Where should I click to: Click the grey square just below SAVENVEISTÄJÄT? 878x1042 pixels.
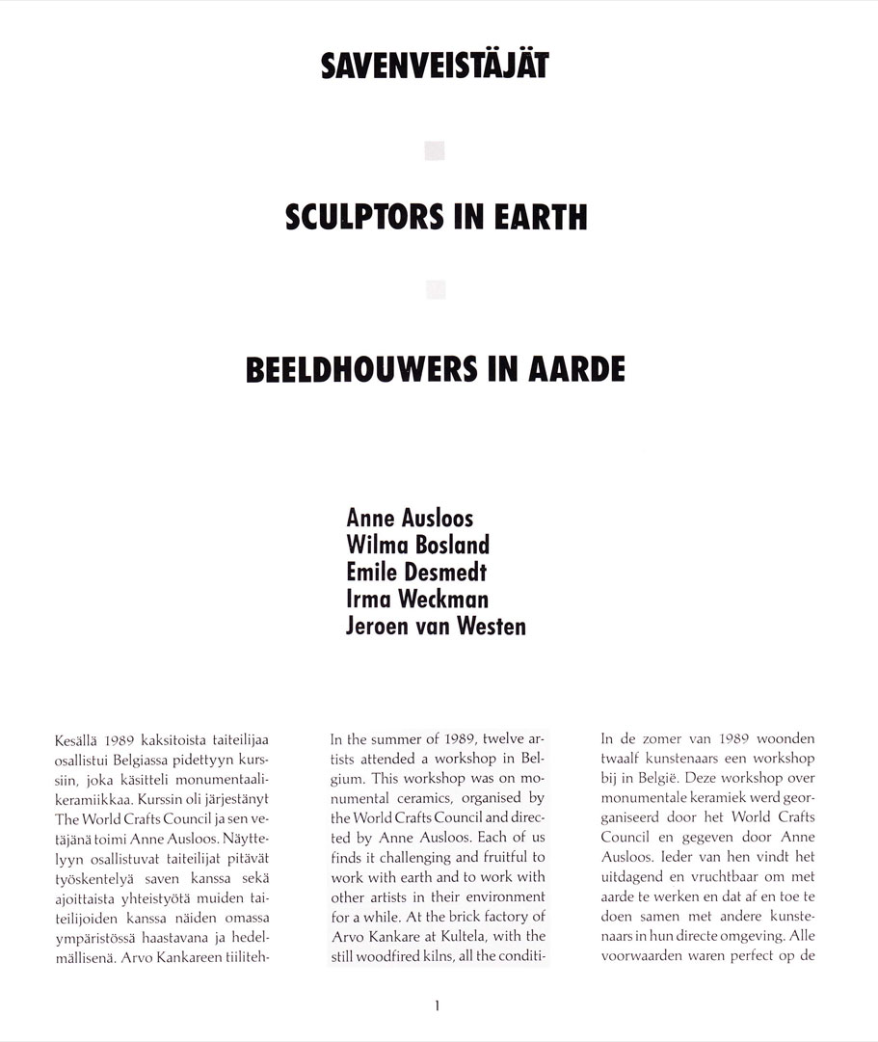[436, 150]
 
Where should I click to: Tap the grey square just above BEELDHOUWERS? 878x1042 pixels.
[436, 287]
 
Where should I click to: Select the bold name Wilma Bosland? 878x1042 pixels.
[417, 546]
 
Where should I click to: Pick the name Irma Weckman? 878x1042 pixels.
[416, 600]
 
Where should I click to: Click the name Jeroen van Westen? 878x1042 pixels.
[436, 627]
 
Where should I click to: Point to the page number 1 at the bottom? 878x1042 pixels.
[437, 1006]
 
